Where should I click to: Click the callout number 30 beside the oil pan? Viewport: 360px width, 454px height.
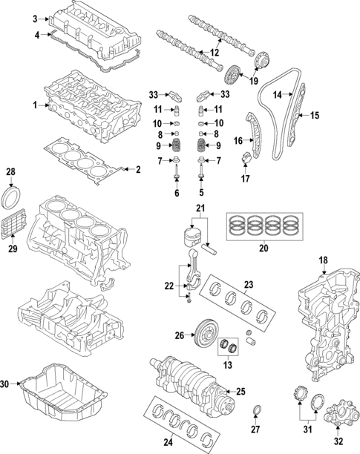click(5, 384)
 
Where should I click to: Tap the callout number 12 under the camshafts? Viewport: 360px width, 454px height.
click(215, 53)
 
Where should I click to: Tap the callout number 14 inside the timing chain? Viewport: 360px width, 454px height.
click(278, 94)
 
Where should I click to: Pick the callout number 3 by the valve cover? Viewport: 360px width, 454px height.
click(34, 17)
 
